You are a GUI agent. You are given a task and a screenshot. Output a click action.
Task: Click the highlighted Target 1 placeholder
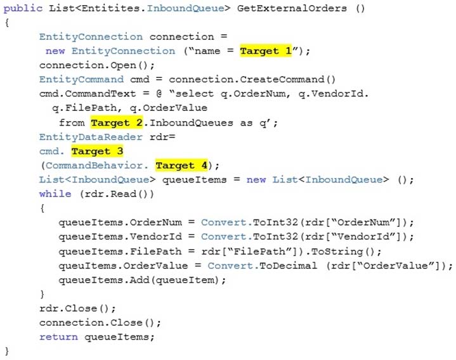266,51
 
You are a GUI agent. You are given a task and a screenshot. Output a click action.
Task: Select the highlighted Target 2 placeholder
117,122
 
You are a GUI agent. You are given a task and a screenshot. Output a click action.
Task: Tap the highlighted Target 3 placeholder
98,151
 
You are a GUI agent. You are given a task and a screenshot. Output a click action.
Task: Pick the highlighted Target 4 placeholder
181,165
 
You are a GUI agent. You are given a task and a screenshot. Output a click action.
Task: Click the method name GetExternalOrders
292,8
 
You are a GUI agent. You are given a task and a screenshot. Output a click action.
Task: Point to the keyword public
23,8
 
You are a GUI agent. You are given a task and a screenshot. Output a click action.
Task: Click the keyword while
55,194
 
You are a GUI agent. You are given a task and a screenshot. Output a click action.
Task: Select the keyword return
59,337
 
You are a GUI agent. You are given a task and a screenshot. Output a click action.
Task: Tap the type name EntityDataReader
91,137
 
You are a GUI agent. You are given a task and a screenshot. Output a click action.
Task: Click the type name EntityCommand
81,79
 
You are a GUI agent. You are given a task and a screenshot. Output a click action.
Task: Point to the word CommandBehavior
94,165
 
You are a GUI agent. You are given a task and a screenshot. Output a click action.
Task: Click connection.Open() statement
97,65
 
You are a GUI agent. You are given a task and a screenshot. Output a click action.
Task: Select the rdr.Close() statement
77,308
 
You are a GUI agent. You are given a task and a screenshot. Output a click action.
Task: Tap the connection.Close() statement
100,323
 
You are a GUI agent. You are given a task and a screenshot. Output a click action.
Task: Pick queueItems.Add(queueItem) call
142,280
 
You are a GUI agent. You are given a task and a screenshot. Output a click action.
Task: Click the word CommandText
100,94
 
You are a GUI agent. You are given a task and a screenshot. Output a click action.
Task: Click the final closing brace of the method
7,351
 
